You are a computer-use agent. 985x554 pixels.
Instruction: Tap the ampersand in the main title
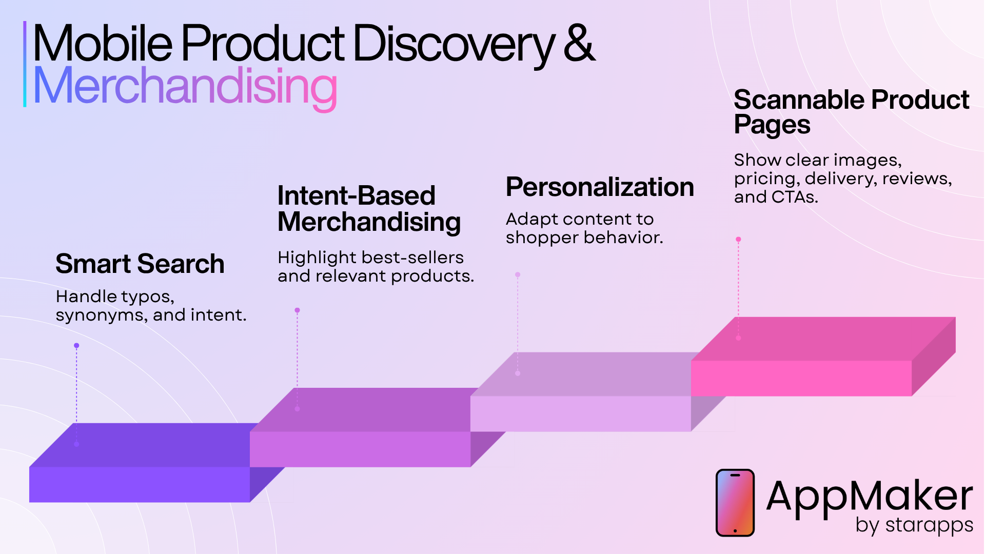click(x=579, y=43)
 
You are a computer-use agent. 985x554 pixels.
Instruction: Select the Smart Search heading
click(x=140, y=264)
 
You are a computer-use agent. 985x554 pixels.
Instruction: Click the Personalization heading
click(x=600, y=187)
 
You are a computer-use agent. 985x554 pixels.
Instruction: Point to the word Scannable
click(x=798, y=100)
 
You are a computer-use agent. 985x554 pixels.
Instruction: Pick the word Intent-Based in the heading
click(x=357, y=195)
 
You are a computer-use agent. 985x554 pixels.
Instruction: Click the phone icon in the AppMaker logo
click(x=735, y=503)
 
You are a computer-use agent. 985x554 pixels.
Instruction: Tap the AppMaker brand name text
click(x=870, y=497)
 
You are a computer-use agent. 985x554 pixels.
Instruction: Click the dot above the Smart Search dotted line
click(x=76, y=346)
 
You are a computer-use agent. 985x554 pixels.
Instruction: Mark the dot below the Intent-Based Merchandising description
click(x=297, y=310)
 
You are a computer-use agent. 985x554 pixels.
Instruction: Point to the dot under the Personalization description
click(x=518, y=275)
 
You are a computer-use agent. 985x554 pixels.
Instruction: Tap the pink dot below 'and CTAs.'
click(x=738, y=240)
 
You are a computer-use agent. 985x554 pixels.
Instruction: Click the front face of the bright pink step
click(x=801, y=378)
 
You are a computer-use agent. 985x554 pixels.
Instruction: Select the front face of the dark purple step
click(x=140, y=484)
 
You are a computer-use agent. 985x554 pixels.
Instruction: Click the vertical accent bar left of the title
click(x=25, y=64)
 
